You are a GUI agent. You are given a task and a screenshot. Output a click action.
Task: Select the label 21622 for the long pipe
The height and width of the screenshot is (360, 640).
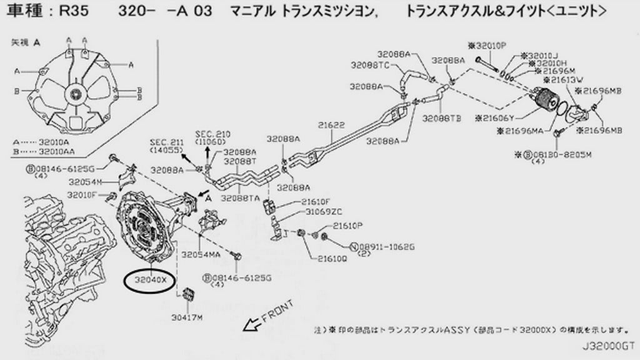(x=331, y=126)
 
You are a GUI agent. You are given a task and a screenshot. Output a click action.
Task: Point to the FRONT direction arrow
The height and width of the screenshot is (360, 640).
(x=254, y=324)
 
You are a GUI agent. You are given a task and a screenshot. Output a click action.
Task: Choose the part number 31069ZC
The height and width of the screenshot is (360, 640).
(x=322, y=212)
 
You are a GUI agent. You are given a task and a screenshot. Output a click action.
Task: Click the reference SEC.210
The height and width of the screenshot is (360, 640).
(x=213, y=138)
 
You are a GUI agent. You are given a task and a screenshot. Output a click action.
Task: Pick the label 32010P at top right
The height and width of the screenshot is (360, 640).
(x=487, y=46)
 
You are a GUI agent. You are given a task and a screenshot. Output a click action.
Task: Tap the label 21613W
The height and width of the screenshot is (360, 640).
(x=564, y=80)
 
